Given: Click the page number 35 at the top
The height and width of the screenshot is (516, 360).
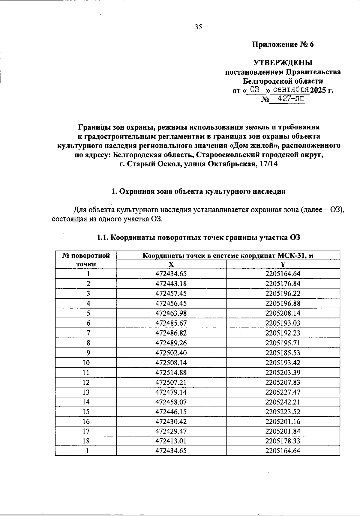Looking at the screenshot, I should click(198, 27).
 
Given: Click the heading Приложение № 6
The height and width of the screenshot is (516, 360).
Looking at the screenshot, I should click(283, 45).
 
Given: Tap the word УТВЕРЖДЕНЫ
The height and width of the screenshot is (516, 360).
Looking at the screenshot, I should click(283, 63).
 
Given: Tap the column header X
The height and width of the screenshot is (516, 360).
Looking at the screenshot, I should click(171, 264).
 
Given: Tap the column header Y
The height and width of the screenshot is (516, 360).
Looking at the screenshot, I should click(283, 264).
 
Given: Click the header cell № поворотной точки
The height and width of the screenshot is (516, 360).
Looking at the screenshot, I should click(86, 260).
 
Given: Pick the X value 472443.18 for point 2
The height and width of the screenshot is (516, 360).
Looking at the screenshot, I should click(171, 284).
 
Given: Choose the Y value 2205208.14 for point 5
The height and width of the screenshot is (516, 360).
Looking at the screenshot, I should click(283, 313).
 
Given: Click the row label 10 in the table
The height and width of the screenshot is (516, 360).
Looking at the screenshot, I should click(86, 362).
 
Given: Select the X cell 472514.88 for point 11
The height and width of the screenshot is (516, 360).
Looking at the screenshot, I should click(171, 372).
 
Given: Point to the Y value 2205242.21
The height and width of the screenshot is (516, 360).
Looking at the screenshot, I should click(283, 402).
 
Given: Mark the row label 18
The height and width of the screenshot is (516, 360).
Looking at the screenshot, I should click(86, 441).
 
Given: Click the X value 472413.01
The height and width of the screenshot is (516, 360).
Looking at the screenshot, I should click(171, 441).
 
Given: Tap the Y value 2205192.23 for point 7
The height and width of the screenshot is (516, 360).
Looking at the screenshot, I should click(283, 333).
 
